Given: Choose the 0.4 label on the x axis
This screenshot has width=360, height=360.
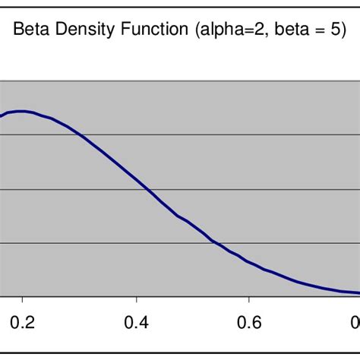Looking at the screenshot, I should (136, 321).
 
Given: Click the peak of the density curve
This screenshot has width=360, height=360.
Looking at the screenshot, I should (22, 111).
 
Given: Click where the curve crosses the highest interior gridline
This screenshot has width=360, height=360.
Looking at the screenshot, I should (81, 135).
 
